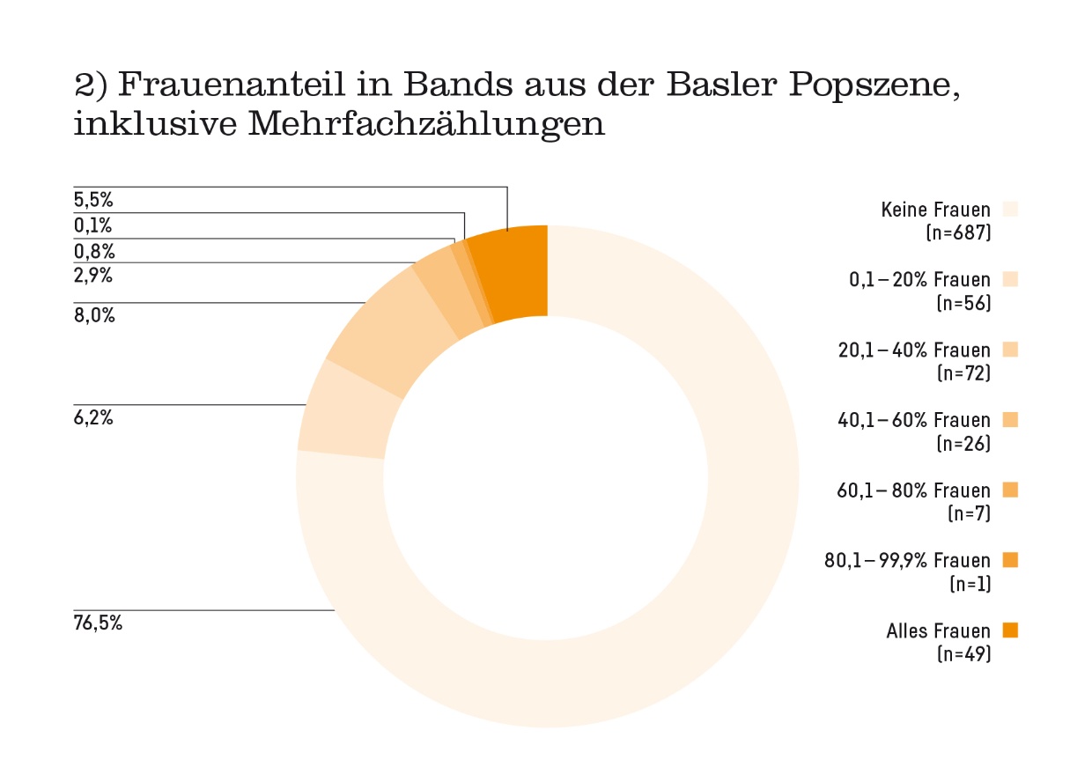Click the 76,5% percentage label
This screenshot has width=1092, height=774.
98,624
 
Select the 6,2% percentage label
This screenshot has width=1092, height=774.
93,418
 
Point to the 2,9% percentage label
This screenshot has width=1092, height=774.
93,275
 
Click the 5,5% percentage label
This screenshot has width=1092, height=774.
93,200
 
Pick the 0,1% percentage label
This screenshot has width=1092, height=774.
93,226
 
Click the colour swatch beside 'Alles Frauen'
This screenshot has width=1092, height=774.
1010,630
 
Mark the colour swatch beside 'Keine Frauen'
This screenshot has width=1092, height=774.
1010,209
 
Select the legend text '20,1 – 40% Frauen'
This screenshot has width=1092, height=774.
913,350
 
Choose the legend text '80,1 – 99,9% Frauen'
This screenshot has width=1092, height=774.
907,560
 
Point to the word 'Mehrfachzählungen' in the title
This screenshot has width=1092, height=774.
427,123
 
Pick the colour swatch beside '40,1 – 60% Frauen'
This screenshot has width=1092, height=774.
1010,420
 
